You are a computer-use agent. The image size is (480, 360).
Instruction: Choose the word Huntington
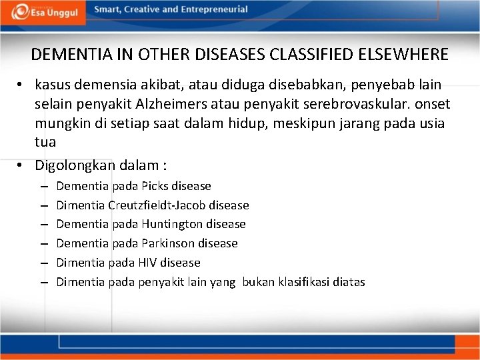coord(173,224)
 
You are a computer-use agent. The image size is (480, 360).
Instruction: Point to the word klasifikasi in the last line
coord(301,282)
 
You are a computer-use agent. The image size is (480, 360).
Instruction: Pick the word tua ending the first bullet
coord(44,142)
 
